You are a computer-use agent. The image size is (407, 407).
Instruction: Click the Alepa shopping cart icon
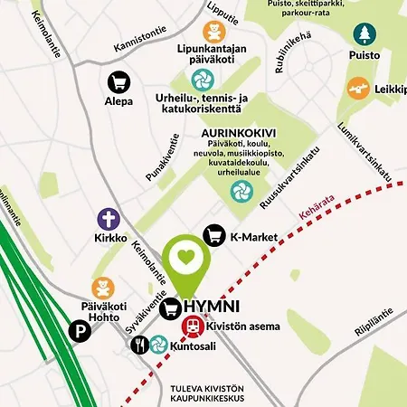click(x=118, y=81)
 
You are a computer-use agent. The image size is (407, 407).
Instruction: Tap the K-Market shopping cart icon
click(x=215, y=236)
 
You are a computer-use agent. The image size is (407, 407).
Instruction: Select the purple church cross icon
click(x=109, y=219)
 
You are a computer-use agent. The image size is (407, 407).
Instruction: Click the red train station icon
click(x=193, y=327)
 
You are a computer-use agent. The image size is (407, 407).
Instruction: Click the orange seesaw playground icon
click(x=358, y=88)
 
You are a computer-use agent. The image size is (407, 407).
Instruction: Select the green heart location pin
click(x=185, y=258)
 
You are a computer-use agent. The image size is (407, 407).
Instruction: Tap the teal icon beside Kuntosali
click(x=158, y=345)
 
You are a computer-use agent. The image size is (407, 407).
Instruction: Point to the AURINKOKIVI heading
click(x=238, y=131)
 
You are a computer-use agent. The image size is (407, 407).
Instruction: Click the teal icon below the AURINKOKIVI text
click(x=241, y=190)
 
